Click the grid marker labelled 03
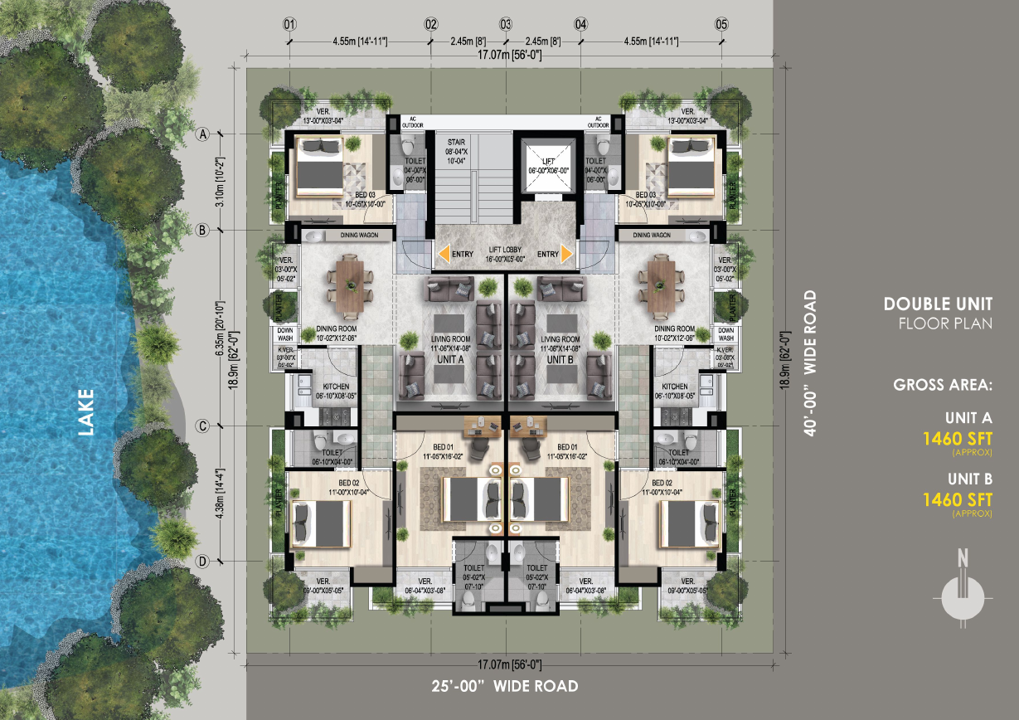505,24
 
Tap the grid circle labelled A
201,134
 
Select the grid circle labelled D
201,562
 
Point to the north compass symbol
962,594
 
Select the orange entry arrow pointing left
445,254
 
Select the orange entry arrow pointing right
568,254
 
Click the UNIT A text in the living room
451,359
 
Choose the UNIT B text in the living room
560,359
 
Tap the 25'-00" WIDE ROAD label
505,687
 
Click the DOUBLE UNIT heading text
938,304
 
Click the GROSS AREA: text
943,385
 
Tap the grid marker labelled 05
721,24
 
